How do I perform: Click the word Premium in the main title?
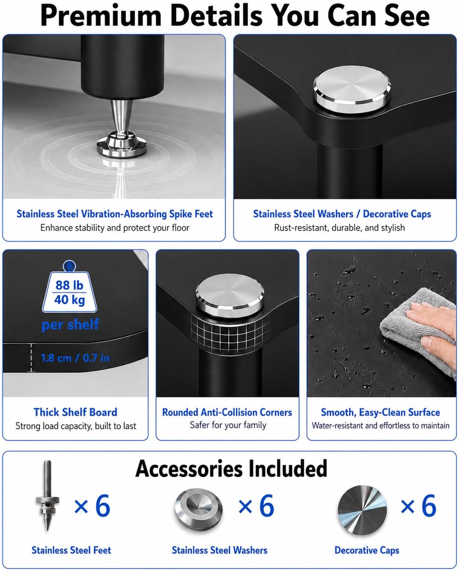101,16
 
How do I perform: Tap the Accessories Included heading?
231,469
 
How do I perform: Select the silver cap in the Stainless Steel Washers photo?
352,89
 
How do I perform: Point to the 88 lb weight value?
69,285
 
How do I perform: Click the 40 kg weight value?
69,300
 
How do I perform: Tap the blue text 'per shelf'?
70,324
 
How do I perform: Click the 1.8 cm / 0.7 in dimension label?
75,358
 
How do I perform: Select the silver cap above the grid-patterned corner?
230,296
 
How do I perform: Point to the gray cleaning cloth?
420,332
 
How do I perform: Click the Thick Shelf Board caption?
76,412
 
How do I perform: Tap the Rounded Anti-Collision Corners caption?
227,412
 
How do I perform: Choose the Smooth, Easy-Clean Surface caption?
380,412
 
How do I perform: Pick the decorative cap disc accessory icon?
362,510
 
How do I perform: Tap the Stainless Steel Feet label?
71,550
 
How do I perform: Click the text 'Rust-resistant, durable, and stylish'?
339,228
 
